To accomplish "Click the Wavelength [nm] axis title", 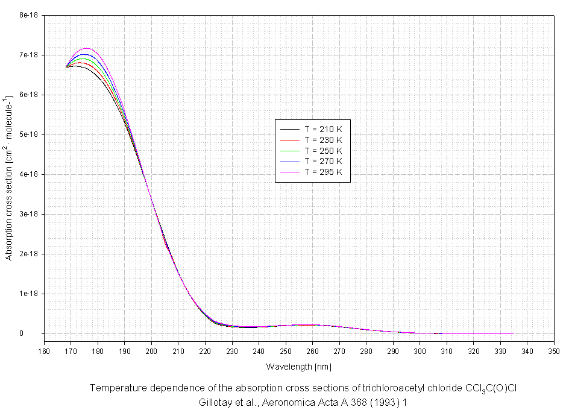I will (x=298, y=367).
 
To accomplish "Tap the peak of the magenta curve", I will (x=87, y=48).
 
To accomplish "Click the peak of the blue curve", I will (x=85, y=54).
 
